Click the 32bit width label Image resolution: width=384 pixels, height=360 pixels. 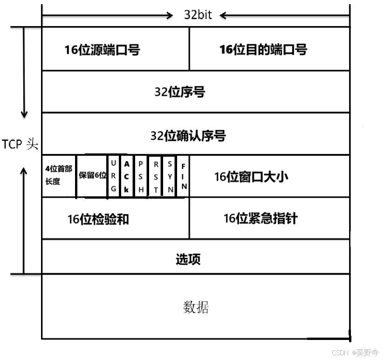click(x=198, y=15)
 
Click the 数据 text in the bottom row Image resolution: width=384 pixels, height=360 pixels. click(x=196, y=307)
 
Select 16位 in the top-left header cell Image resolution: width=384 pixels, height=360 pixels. click(x=77, y=50)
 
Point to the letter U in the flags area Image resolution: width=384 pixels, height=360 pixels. click(x=113, y=164)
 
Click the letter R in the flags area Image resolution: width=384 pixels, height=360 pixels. click(x=113, y=176)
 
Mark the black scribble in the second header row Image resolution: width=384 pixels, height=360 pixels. click(x=192, y=91)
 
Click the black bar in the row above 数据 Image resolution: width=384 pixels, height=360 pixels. click(x=196, y=256)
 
